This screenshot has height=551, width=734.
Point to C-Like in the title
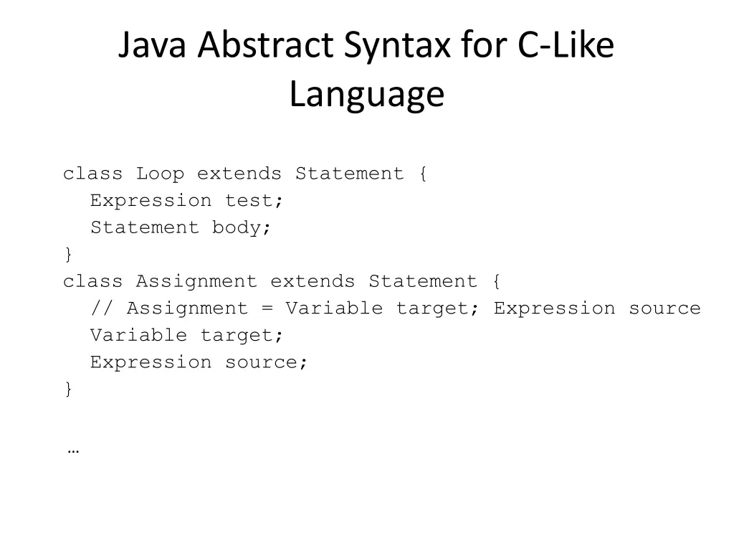pyautogui.click(x=566, y=46)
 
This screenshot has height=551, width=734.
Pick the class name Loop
pyautogui.click(x=160, y=174)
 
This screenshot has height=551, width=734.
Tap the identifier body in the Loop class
pyautogui.click(x=242, y=227)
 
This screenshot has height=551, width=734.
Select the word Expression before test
pyautogui.click(x=151, y=201)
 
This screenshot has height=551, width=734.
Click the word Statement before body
pyautogui.click(x=144, y=227)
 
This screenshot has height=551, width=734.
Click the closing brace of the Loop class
pyautogui.click(x=68, y=255)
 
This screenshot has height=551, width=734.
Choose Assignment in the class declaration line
pyautogui.click(x=196, y=281)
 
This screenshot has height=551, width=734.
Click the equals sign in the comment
pyautogui.click(x=267, y=309)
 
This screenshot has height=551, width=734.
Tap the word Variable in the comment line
pyautogui.click(x=334, y=309)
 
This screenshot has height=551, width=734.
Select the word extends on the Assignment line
pyautogui.click(x=313, y=281)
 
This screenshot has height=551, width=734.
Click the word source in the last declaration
pyautogui.click(x=267, y=362)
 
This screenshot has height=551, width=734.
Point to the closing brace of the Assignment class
pyautogui.click(x=68, y=389)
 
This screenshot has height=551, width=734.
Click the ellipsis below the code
pyautogui.click(x=72, y=451)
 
